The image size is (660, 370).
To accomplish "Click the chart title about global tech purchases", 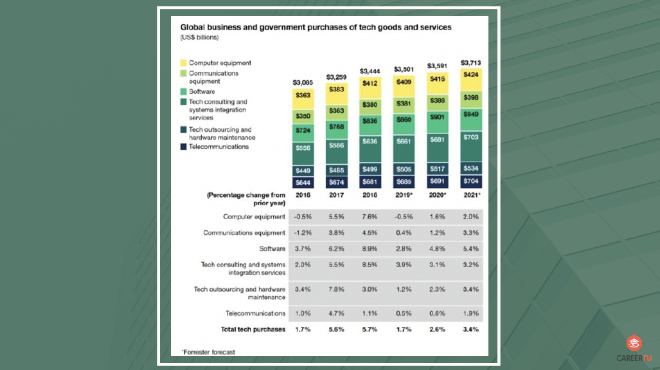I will pyautogui.click(x=316, y=28).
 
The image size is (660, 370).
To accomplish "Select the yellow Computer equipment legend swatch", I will pyautogui.click(x=184, y=63).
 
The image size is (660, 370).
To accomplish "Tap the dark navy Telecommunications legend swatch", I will pyautogui.click(x=184, y=147).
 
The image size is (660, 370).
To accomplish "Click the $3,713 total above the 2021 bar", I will pyautogui.click(x=470, y=63).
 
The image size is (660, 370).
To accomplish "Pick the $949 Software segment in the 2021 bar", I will pyautogui.click(x=470, y=114).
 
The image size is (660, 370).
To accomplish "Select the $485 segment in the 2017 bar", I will pyautogui.click(x=336, y=171).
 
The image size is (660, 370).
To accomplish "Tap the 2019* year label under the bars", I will pyautogui.click(x=404, y=194).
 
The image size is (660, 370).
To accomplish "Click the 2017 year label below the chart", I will pyautogui.click(x=336, y=194).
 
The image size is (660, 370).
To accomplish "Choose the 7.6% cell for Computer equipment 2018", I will pyautogui.click(x=370, y=217).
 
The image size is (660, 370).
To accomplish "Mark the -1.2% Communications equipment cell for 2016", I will pyautogui.click(x=302, y=233).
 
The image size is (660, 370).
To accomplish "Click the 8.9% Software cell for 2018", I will pyautogui.click(x=370, y=248).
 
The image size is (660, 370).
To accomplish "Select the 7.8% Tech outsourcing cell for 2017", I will pyautogui.click(x=336, y=290).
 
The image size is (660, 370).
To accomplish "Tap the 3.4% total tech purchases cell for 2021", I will pyautogui.click(x=470, y=329).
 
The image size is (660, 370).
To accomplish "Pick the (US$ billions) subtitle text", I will pyautogui.click(x=199, y=38).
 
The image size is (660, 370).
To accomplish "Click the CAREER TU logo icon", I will pyautogui.click(x=634, y=344).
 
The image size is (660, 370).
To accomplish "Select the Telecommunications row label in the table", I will pyautogui.click(x=255, y=313).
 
